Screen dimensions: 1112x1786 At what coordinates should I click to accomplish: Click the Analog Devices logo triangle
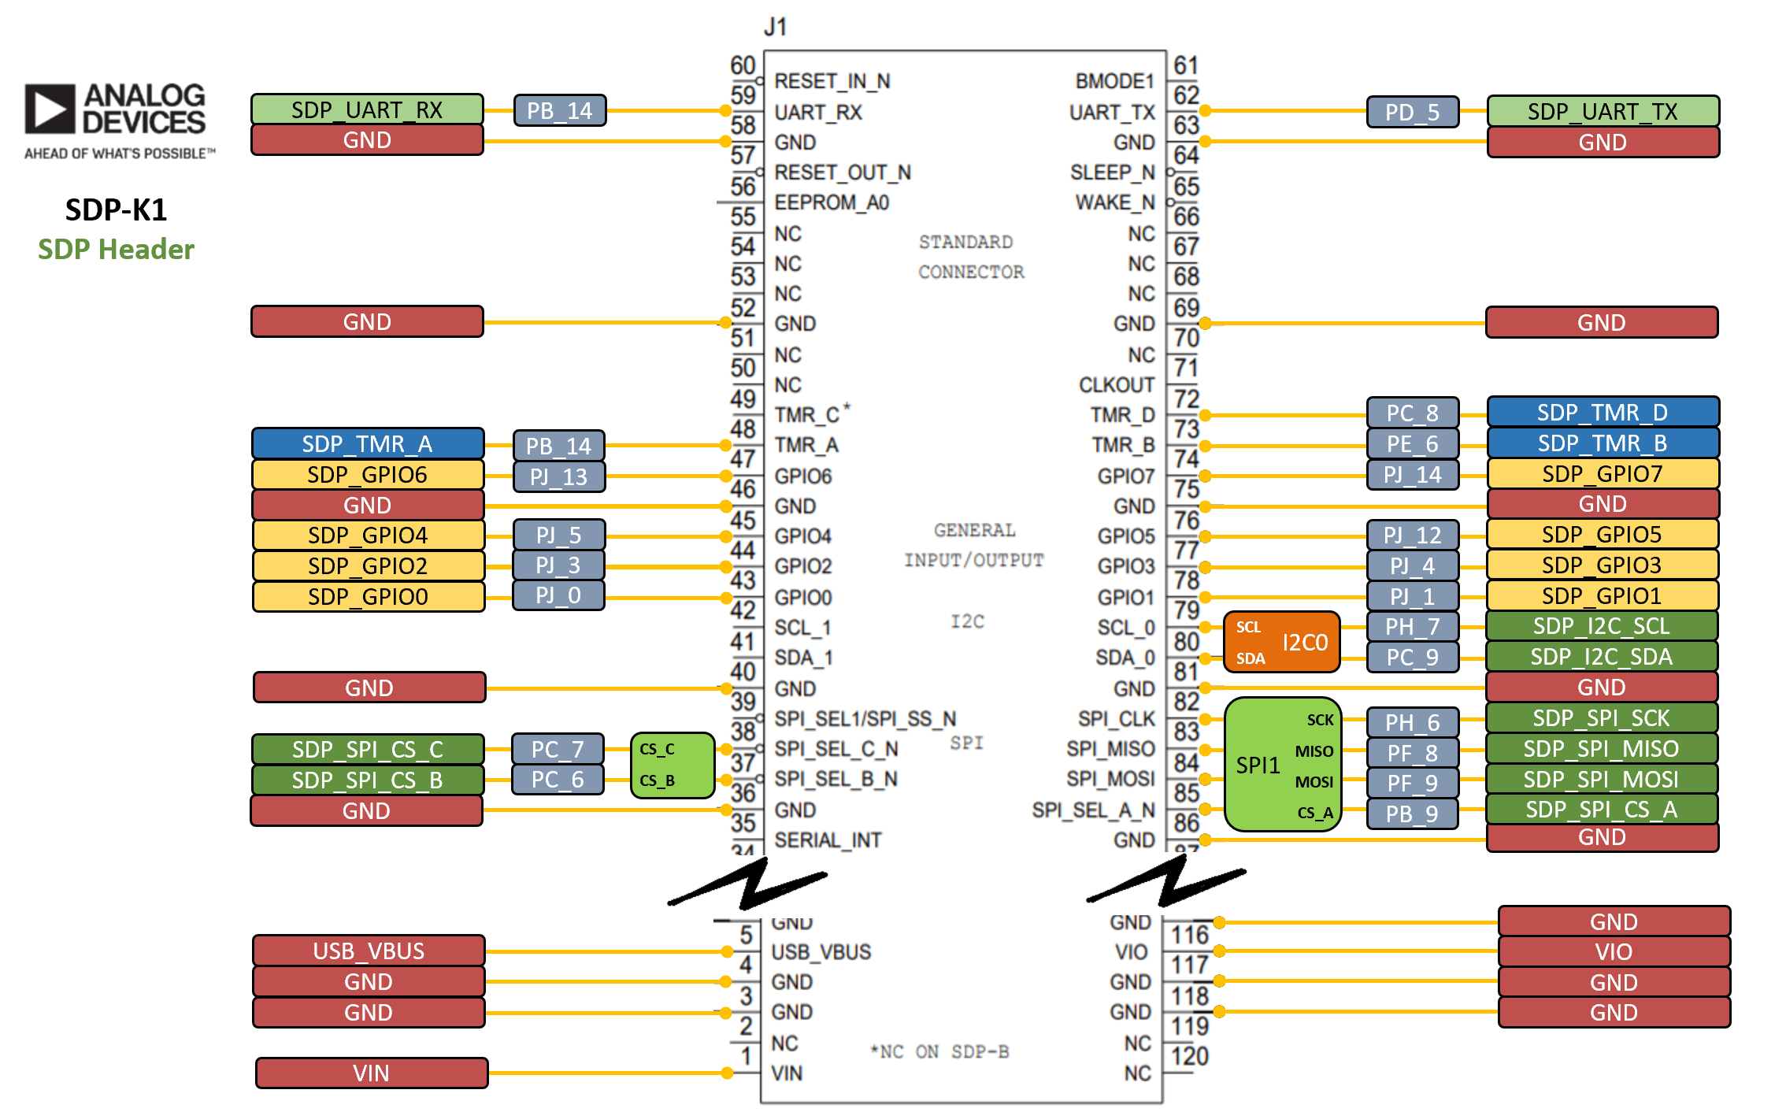click(x=50, y=109)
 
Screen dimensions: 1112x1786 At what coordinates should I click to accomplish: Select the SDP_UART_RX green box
click(x=367, y=109)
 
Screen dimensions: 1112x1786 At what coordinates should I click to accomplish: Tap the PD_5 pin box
click(x=1412, y=112)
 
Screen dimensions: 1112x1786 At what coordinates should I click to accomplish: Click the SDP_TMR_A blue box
click(x=367, y=444)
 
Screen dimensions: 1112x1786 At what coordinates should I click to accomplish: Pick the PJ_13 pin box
click(x=558, y=476)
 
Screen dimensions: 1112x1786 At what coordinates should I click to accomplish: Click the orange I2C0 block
click(x=1281, y=642)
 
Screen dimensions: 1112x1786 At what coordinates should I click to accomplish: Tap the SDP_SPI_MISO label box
click(x=1601, y=748)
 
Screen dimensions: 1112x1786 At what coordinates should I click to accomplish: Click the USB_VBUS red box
click(x=369, y=951)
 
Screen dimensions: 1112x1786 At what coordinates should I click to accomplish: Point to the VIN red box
click(x=371, y=1073)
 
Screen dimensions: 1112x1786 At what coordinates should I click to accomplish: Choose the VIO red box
click(x=1614, y=951)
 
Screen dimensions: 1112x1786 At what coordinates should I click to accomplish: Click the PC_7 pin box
click(x=558, y=749)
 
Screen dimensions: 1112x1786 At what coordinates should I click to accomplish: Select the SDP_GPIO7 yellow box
click(x=1602, y=473)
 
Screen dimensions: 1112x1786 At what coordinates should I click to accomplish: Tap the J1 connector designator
click(x=776, y=28)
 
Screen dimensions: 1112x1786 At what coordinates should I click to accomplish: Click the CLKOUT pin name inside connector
click(x=1116, y=385)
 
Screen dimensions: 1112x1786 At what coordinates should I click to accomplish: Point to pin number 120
click(x=1189, y=1055)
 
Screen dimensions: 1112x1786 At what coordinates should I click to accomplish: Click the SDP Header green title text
click(x=116, y=249)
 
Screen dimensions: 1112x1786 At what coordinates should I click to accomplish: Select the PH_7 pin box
click(x=1412, y=627)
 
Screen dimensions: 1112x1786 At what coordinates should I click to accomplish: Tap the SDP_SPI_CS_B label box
click(x=367, y=780)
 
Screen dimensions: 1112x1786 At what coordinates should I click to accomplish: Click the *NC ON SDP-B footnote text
click(x=939, y=1051)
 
